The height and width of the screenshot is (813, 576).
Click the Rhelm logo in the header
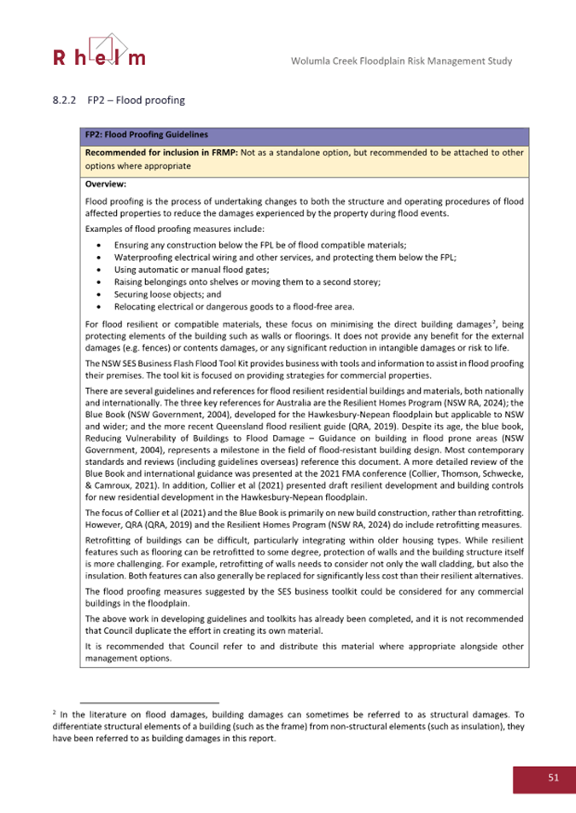click(x=99, y=50)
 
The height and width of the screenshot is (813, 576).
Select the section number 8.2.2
click(x=64, y=101)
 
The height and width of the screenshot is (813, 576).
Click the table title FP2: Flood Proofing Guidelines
click(x=144, y=134)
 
